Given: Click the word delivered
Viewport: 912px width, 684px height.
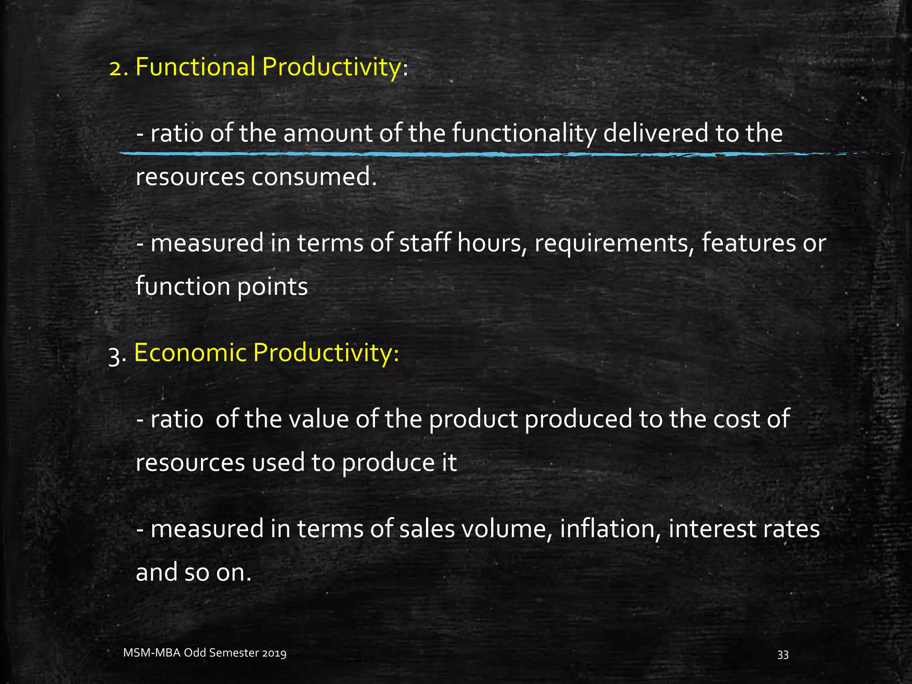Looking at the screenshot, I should (x=655, y=133).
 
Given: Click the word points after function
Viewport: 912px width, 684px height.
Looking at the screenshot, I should (x=272, y=287).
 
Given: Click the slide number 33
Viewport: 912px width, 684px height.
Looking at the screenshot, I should (x=783, y=655).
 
